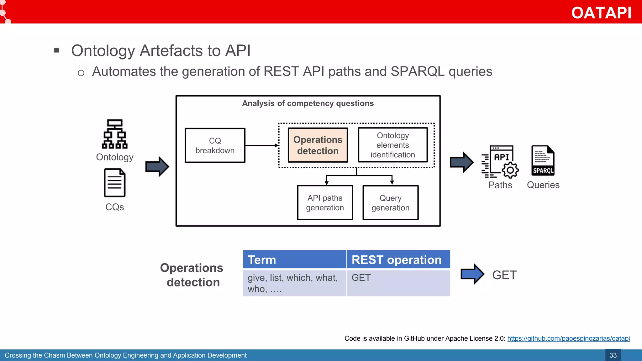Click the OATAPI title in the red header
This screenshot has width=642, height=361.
point(601,13)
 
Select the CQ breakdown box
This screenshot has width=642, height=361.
point(215,145)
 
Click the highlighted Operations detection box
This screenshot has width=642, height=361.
point(318,145)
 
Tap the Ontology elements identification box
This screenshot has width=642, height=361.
point(392,145)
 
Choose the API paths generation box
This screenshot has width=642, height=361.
point(325,203)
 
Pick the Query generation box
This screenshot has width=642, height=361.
point(390,203)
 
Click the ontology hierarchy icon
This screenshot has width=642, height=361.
point(115,134)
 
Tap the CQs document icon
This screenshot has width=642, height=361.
point(115,183)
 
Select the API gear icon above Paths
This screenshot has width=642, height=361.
point(500,162)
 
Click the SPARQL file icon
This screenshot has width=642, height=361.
point(543,160)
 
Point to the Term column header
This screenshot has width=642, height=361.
point(294,260)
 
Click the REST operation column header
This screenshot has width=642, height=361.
point(398,260)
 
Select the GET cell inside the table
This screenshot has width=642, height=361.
point(398,283)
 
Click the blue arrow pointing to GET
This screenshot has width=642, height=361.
point(472,274)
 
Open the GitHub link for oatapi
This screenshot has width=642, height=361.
point(568,338)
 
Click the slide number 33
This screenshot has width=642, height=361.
point(613,355)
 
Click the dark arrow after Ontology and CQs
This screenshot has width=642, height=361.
point(157,166)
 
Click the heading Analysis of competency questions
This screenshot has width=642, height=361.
point(308,103)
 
